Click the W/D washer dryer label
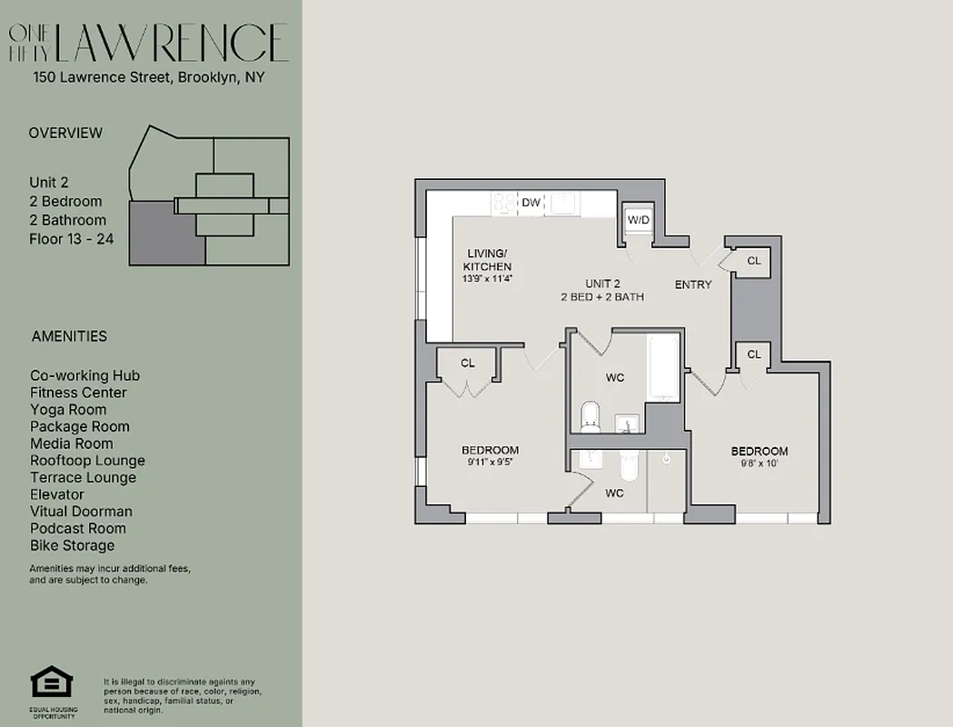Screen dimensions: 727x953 (639, 221)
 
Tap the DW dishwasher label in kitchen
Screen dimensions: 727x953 (531, 203)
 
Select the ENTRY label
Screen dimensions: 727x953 (693, 284)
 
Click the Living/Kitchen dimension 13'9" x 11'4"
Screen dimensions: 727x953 (489, 279)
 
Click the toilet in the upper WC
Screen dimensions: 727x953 (591, 417)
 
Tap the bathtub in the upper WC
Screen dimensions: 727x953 (663, 367)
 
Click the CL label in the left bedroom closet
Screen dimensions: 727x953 (468, 363)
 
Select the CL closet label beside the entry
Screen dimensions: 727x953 (753, 261)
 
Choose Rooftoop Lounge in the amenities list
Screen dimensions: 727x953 (87, 461)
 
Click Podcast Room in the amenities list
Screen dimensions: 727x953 (78, 528)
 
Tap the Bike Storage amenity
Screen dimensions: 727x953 (73, 545)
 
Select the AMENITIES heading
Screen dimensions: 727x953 (69, 336)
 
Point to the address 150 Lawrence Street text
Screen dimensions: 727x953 (101, 78)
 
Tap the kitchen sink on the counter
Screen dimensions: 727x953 (564, 203)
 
